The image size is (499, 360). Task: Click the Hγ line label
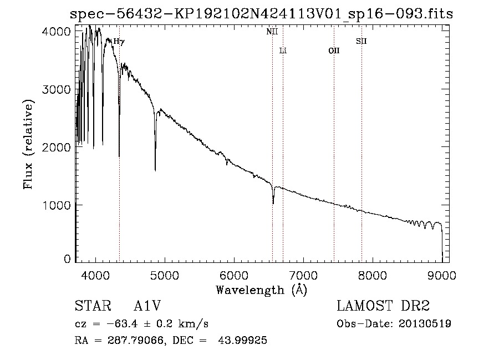[x=119, y=41]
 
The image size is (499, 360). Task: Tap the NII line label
[x=272, y=32]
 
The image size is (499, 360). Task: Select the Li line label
[x=283, y=50]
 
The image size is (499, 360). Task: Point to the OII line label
[x=334, y=50]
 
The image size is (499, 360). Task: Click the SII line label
[x=361, y=41]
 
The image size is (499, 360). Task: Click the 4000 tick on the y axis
[x=56, y=31]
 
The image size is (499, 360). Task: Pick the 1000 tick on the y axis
[x=56, y=205]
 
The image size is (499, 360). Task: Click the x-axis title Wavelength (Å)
[x=261, y=290]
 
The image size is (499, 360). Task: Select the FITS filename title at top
[x=262, y=14]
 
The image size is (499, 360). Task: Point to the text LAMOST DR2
[x=383, y=307]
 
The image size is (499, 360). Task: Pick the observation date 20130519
[x=425, y=323]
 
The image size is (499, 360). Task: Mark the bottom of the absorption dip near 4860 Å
[x=155, y=170]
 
